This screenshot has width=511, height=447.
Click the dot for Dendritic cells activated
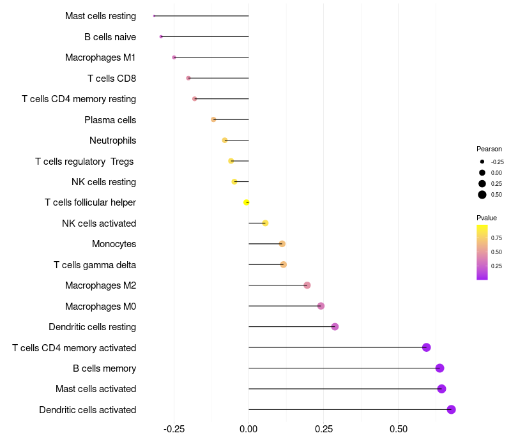tap(451, 409)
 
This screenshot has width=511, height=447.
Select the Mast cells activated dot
tap(441, 389)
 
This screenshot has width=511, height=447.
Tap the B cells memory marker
tap(439, 368)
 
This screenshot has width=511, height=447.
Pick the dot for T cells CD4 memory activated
tap(427, 347)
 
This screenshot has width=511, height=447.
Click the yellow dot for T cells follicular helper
tap(247, 202)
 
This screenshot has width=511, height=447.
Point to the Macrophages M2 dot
tap(307, 285)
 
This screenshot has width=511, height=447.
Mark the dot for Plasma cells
tap(214, 119)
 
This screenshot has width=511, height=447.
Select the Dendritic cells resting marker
tap(335, 327)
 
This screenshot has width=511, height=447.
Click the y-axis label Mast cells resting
tap(100, 16)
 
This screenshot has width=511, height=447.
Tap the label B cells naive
tap(110, 37)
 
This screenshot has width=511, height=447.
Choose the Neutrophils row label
tap(112, 140)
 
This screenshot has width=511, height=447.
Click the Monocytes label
tap(114, 244)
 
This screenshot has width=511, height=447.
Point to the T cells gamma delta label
tap(95, 264)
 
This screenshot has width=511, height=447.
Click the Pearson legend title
tap(489, 149)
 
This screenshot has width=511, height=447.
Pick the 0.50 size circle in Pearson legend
tap(482, 195)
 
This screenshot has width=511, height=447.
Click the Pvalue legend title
tap(487, 218)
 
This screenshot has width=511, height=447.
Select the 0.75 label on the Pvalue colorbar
tap(496, 238)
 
